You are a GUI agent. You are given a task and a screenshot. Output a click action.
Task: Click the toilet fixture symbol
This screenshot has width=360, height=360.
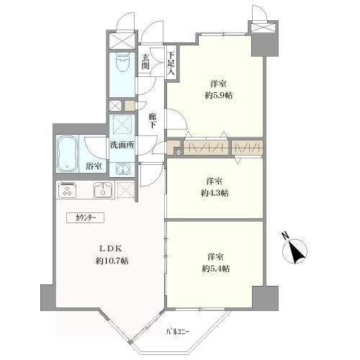(122, 63)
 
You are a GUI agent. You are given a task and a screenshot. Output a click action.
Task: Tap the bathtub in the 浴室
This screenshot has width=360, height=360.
(68, 154)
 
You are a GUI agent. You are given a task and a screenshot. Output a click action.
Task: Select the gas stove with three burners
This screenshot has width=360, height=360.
(68, 190)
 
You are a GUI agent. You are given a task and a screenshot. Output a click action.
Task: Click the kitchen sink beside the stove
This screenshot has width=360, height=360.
(103, 190)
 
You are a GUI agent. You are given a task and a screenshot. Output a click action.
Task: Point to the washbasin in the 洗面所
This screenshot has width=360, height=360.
(122, 169)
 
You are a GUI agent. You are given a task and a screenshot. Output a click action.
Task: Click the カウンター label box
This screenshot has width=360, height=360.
(85, 218)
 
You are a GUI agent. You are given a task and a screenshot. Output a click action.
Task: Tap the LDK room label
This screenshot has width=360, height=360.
(111, 249)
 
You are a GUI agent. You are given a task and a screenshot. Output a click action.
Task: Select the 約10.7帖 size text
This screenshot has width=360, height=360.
(112, 261)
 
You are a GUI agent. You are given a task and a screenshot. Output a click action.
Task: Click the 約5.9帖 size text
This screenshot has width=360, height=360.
(219, 96)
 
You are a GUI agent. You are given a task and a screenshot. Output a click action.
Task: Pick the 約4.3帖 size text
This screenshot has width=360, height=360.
(215, 193)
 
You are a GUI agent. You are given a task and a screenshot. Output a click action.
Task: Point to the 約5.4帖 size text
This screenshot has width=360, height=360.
(216, 269)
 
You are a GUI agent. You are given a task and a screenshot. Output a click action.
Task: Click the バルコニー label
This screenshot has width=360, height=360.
(178, 332)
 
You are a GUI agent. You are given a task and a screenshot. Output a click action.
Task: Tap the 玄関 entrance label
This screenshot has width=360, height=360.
(145, 62)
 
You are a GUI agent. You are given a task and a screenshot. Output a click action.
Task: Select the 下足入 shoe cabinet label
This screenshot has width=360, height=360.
(171, 63)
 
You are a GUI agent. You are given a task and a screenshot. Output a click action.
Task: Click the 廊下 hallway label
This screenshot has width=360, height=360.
(152, 121)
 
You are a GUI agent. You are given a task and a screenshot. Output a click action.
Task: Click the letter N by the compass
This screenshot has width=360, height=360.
(285, 235)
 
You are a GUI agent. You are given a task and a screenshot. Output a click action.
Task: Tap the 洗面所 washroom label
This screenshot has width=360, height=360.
(122, 145)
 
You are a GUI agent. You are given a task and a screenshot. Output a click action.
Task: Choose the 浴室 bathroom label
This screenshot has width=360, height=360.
(94, 166)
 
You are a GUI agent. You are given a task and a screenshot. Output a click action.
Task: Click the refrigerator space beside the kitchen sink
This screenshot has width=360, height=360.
(126, 190)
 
